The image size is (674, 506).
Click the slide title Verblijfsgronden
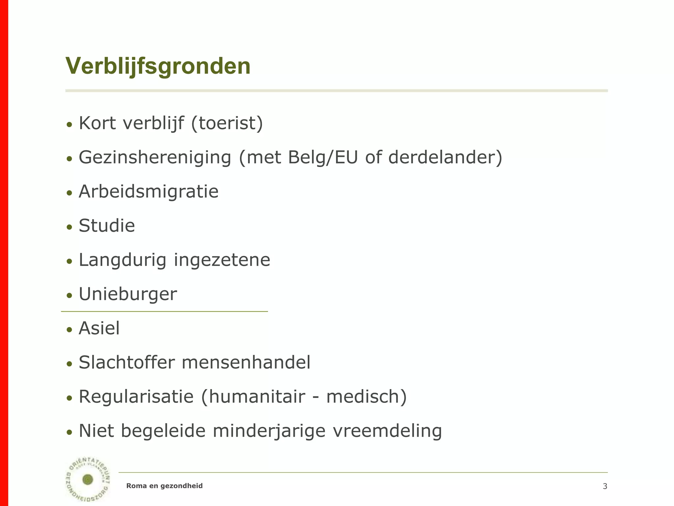click(x=158, y=67)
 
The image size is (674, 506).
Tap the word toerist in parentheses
click(x=227, y=123)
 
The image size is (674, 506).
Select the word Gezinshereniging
click(x=155, y=157)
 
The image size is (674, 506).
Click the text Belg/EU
click(x=323, y=157)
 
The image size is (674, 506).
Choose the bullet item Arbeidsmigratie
click(x=148, y=191)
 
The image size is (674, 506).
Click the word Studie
click(x=107, y=226)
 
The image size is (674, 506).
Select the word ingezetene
click(x=222, y=260)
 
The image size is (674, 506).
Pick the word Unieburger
click(x=128, y=294)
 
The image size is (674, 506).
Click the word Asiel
click(x=99, y=328)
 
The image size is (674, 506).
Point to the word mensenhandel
click(x=246, y=362)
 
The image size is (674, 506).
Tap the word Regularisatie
click(x=136, y=397)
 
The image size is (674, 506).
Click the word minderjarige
click(x=269, y=431)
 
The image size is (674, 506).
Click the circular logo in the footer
click(x=88, y=479)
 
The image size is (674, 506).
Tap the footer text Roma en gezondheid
click(x=165, y=486)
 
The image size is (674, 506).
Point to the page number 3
click(x=605, y=486)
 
